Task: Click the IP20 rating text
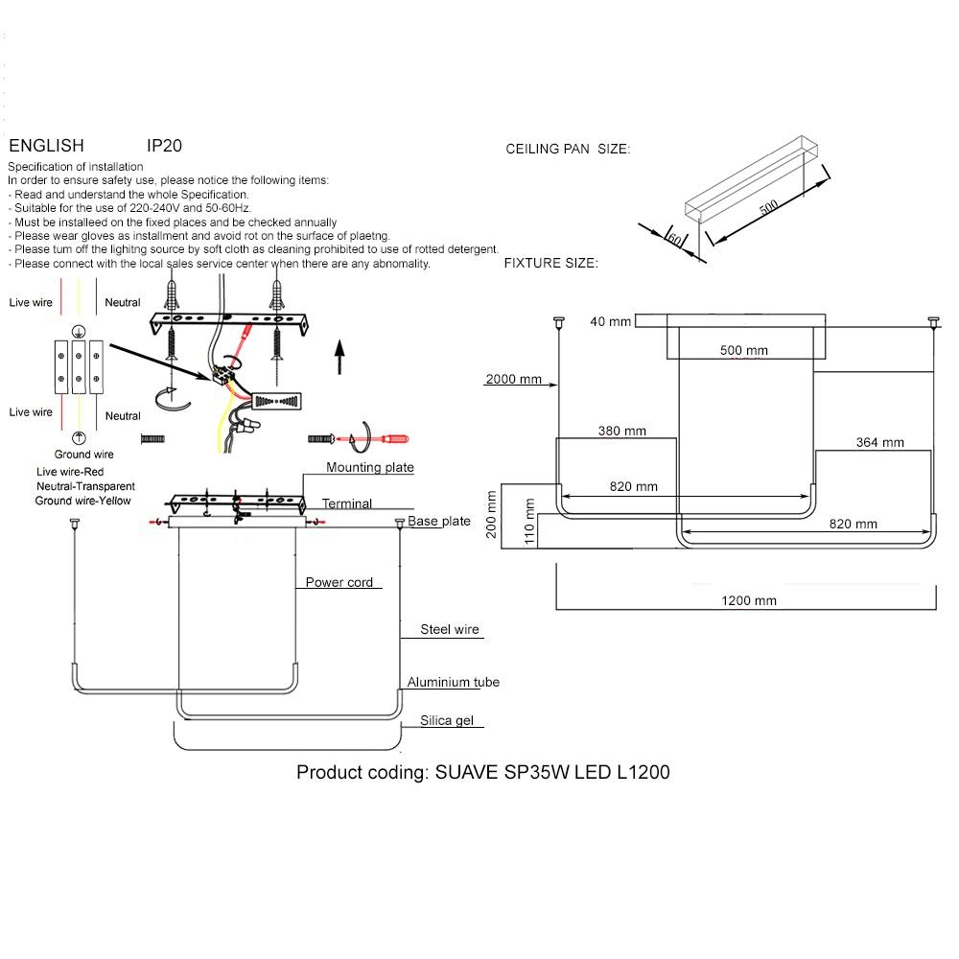165,146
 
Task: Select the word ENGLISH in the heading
46,146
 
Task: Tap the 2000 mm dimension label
514,379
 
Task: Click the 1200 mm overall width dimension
749,600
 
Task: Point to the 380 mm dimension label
622,431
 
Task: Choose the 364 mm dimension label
880,442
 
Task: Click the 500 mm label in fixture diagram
744,350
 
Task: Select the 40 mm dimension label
611,321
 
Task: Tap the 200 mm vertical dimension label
492,516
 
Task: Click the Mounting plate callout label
369,468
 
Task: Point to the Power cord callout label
339,582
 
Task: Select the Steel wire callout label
450,630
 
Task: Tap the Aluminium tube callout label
453,682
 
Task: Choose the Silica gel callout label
447,720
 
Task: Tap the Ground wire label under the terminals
84,454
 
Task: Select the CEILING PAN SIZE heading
568,149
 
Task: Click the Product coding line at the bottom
483,772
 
